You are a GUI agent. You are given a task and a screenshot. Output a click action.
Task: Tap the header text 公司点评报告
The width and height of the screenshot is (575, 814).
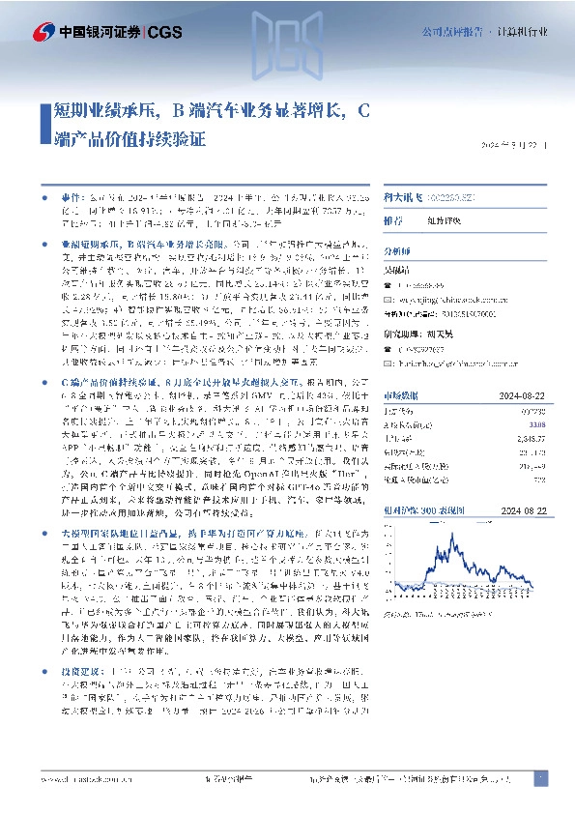pos(450,31)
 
